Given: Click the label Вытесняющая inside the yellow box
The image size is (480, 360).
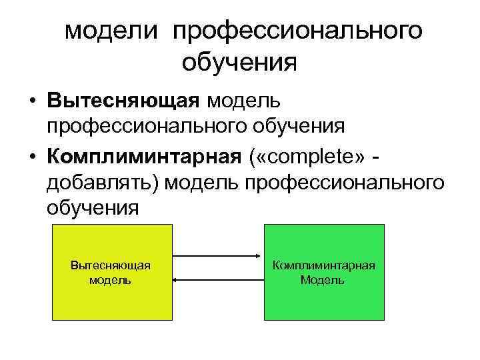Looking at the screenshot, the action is point(110,265).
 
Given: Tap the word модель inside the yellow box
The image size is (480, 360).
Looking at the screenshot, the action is point(110,279).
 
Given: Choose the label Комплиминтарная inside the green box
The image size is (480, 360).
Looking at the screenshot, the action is point(323,265).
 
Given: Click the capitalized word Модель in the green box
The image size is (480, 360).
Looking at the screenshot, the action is point(323,279).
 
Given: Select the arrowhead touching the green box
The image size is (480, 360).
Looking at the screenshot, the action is point(260,255).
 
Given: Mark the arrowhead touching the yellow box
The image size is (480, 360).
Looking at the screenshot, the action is point(177,280).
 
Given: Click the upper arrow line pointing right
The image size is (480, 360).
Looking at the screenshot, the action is point(217,255).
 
